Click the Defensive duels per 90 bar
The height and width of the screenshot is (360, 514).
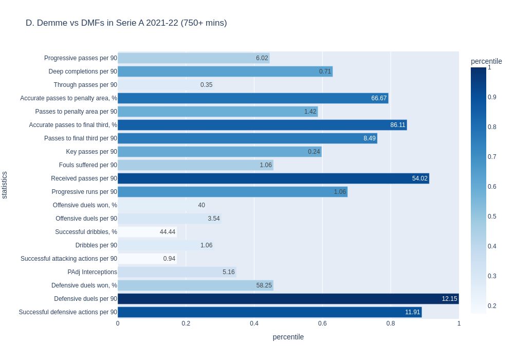click(x=288, y=299)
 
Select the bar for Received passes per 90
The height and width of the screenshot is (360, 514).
click(x=273, y=178)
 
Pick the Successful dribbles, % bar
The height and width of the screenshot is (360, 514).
click(x=147, y=232)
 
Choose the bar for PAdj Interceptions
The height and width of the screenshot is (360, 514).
click(x=177, y=272)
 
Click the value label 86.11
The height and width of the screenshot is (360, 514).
click(x=398, y=125)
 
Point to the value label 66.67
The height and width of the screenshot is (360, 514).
click(x=379, y=98)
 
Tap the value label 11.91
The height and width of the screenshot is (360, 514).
click(x=412, y=312)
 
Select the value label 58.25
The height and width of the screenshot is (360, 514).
click(x=264, y=285)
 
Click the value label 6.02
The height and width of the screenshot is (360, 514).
click(x=262, y=58)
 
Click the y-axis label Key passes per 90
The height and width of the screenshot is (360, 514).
click(x=91, y=152)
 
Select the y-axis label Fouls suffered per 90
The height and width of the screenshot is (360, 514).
click(x=88, y=165)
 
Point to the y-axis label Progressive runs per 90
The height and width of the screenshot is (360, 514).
click(x=84, y=192)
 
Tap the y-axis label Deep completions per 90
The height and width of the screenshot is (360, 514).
click(x=83, y=71)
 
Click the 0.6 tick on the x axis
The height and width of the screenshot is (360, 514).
click(x=322, y=323)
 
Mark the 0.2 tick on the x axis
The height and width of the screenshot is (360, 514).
click(x=186, y=323)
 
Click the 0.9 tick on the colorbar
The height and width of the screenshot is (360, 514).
click(x=492, y=97)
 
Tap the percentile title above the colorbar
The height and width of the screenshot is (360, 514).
click(x=486, y=61)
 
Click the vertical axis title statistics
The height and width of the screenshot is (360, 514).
click(x=5, y=185)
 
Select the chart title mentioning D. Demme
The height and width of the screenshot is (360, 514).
click(x=126, y=23)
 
